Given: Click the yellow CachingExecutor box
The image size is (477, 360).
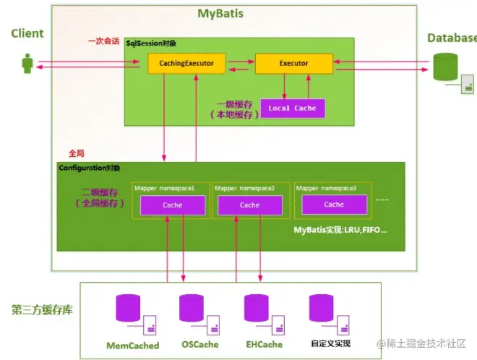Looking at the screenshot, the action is tap(186, 64).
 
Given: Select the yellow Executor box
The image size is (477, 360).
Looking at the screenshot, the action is tap(294, 64).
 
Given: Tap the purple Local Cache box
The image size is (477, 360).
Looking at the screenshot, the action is tap(293, 108).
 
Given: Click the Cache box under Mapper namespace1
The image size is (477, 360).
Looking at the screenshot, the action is tap(173, 205).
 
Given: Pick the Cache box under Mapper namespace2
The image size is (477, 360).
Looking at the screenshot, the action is tap(250, 205).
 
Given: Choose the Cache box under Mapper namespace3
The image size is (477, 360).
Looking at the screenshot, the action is tap(334, 205).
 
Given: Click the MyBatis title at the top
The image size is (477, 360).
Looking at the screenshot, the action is tap(220, 14).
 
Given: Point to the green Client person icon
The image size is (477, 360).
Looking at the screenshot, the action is tap(27, 64).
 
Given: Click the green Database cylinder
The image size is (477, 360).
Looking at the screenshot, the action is tap(445, 67).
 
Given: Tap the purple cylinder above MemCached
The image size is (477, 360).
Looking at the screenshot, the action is tap(128, 308).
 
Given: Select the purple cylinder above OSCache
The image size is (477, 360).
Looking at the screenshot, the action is tap(192, 308).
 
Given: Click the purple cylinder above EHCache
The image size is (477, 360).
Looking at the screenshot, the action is tap(257, 308).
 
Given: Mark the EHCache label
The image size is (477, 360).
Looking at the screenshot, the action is tap(264, 345).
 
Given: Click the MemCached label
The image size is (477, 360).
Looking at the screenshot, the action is tap(133, 346).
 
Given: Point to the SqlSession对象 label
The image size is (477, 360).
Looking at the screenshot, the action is tap(151, 43).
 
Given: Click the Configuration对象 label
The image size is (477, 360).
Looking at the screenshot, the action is tap(90, 168).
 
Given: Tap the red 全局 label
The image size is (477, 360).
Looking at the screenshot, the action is tap(77, 153).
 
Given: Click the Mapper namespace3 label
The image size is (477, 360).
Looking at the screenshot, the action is tap(326, 188).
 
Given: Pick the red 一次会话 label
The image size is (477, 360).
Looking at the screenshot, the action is tap(104, 41).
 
